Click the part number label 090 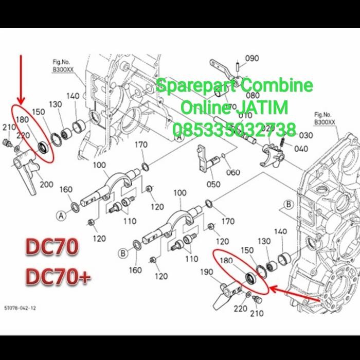coord(252,58)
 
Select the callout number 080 coord(253,96)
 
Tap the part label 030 coord(306,135)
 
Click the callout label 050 coord(213,184)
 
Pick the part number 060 coord(232,172)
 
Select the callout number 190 coord(206,272)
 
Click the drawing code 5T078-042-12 coord(20,308)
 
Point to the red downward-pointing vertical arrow coord(21,77)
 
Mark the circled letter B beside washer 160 coord(123,253)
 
